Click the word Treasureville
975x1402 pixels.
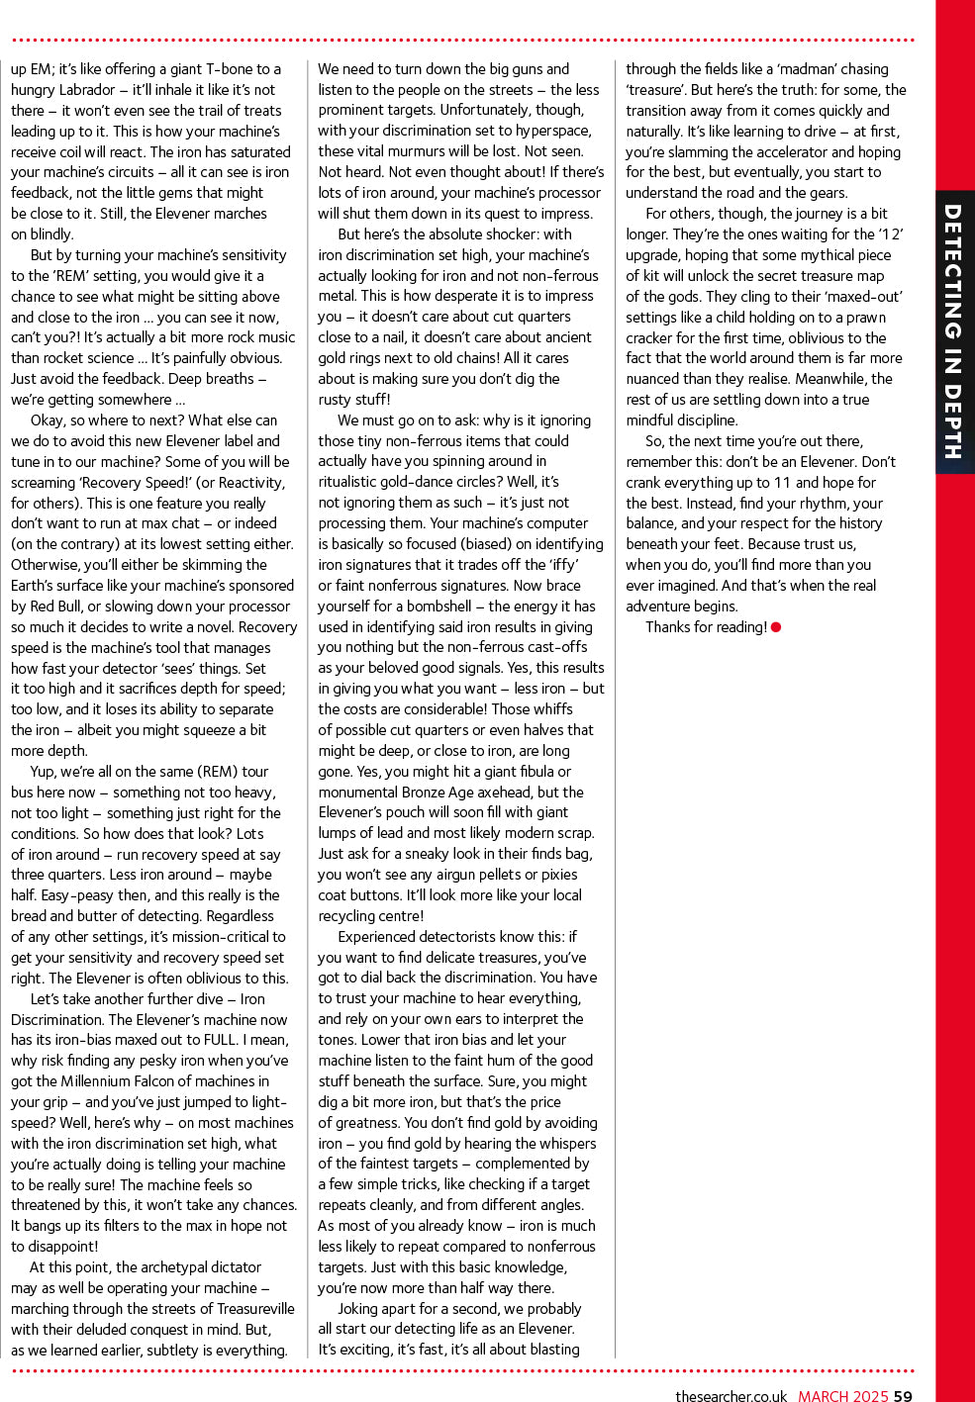pyautogui.click(x=244, y=1309)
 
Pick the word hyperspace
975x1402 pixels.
pyautogui.click(x=549, y=131)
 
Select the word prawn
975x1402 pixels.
pyautogui.click(x=866, y=318)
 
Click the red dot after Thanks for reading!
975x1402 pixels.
pyautogui.click(x=776, y=627)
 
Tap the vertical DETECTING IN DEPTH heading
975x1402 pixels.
pyautogui.click(x=953, y=331)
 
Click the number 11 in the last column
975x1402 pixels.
pyautogui.click(x=782, y=483)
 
